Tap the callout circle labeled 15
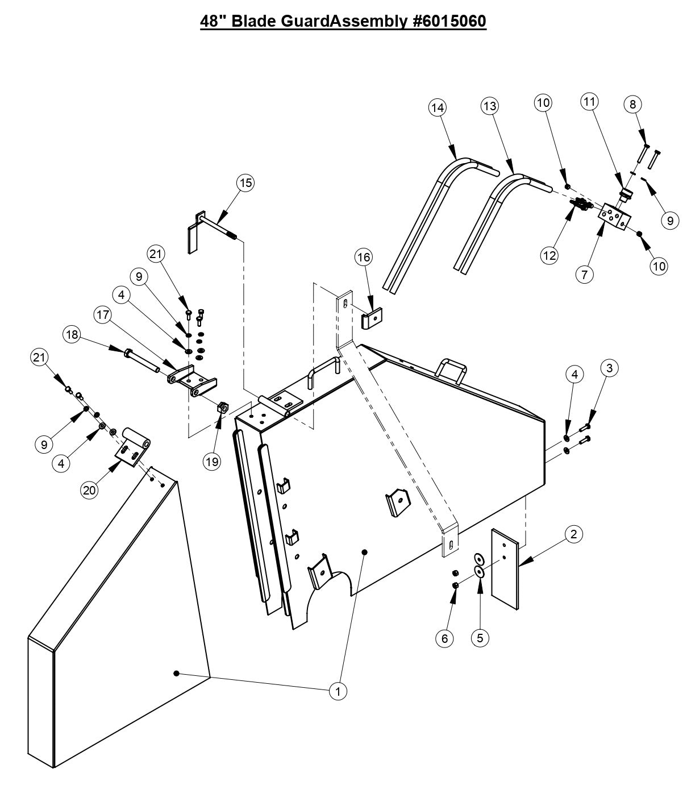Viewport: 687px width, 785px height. coord(245,182)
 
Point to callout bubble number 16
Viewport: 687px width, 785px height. coord(363,257)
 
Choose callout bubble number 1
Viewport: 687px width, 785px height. coord(339,691)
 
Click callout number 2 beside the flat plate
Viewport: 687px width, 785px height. coord(574,534)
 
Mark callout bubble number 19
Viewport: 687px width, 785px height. coord(212,462)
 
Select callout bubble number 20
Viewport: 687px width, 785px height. coord(89,490)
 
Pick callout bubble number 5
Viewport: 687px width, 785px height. coord(480,638)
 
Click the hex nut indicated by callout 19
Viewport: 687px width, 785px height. coord(223,407)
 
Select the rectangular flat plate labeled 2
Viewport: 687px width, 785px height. coord(505,569)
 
